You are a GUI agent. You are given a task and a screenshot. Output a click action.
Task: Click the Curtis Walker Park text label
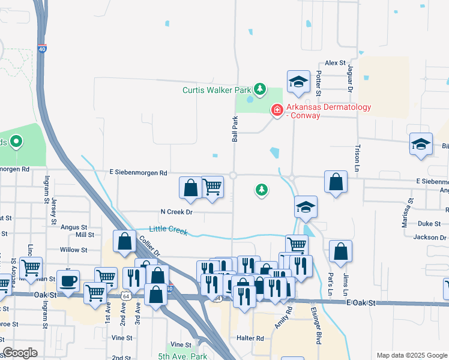tap(216, 91)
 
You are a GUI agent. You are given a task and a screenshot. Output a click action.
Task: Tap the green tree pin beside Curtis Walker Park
tap(259, 90)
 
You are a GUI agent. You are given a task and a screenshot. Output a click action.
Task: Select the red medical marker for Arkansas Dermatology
tap(277, 110)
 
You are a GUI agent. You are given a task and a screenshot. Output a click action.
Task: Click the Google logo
tap(20, 353)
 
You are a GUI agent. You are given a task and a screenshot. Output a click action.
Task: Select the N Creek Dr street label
tap(176, 212)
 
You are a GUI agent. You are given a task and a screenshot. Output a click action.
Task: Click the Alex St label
tap(336, 62)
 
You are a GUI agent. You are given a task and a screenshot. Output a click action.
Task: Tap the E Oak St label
tap(360, 304)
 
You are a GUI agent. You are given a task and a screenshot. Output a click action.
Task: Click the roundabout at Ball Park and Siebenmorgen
tap(233, 175)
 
